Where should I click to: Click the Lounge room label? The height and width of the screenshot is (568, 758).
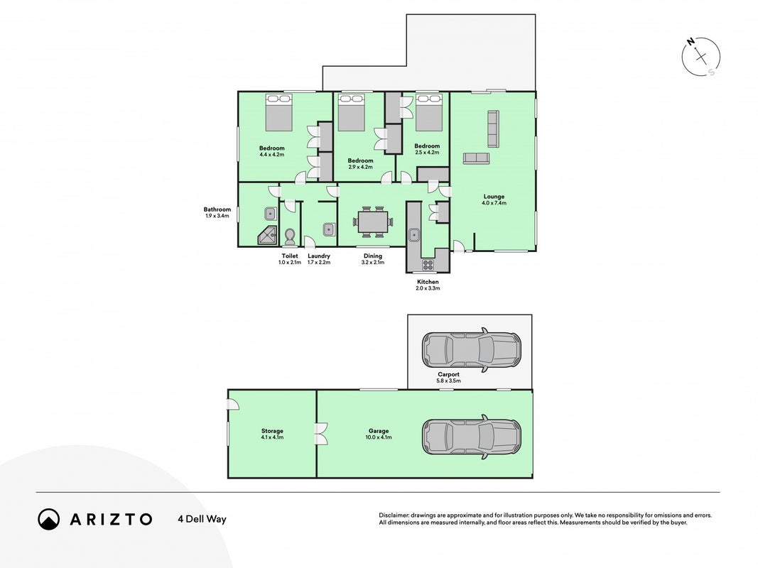click(x=494, y=197)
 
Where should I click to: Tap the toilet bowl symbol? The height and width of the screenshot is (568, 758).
click(x=290, y=236)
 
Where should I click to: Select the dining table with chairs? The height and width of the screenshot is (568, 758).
click(x=373, y=222)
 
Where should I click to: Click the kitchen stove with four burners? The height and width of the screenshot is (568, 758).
click(x=428, y=265)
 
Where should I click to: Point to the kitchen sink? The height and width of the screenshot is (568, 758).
click(x=413, y=235)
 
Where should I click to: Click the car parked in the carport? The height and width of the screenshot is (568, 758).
click(x=471, y=350)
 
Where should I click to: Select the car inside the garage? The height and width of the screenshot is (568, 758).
click(x=471, y=439)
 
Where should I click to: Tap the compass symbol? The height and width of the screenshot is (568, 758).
click(x=701, y=57)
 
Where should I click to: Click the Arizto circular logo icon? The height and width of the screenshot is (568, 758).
click(x=49, y=519)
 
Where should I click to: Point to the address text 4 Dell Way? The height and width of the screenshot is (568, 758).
click(x=202, y=519)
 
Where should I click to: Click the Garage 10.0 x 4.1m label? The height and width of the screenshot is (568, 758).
click(x=379, y=435)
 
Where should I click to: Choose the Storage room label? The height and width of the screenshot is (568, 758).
click(x=272, y=431)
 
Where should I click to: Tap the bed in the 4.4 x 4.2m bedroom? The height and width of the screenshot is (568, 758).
click(x=278, y=113)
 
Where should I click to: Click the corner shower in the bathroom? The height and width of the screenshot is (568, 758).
click(x=267, y=235)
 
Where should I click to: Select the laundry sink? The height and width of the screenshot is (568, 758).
click(x=329, y=229)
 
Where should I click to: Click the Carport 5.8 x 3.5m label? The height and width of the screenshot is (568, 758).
click(x=448, y=377)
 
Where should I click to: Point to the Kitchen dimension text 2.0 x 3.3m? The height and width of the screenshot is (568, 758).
click(x=428, y=288)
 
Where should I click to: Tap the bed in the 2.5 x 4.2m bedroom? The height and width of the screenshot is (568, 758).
click(x=429, y=113)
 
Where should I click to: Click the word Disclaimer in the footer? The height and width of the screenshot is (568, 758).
click(x=394, y=515)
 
